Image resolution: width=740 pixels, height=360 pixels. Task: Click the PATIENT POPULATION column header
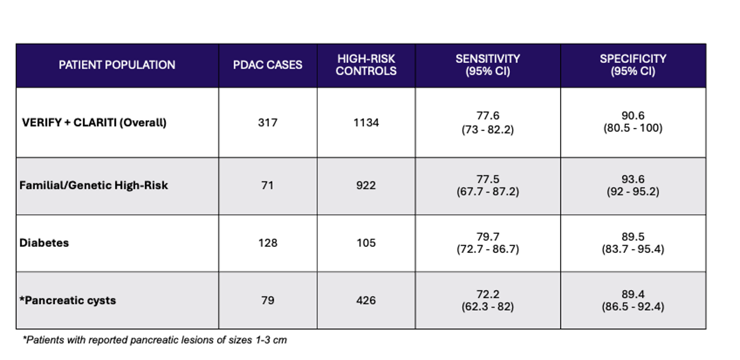(x=117, y=65)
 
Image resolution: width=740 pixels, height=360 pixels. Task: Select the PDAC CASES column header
(x=268, y=65)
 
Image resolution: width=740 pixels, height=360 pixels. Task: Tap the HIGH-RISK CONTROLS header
(x=366, y=65)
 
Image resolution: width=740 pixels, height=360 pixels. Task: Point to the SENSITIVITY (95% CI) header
(x=488, y=65)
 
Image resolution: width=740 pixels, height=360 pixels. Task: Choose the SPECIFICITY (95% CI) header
(x=633, y=65)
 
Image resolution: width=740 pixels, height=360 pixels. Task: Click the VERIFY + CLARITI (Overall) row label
(x=94, y=123)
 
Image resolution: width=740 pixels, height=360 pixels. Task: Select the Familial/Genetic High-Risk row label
(x=94, y=185)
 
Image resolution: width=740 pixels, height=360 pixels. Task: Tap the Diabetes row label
(x=44, y=243)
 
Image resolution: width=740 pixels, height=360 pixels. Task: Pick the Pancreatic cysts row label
(x=68, y=300)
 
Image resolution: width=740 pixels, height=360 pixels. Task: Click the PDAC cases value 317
(x=268, y=123)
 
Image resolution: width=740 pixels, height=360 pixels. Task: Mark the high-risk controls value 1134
(x=366, y=123)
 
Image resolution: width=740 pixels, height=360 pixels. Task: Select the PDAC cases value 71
(x=268, y=185)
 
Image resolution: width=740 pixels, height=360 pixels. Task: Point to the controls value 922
(x=366, y=185)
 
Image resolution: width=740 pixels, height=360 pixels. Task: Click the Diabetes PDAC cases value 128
(x=268, y=243)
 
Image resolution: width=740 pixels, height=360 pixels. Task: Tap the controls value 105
(x=366, y=243)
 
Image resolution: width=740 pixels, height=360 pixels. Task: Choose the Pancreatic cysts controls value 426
(x=366, y=300)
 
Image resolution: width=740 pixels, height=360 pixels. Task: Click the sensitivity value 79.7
(x=488, y=237)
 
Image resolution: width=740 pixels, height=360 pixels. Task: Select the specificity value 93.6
(x=633, y=179)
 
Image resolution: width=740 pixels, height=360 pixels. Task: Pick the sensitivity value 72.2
(x=488, y=294)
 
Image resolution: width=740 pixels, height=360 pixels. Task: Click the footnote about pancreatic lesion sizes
(x=155, y=340)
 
